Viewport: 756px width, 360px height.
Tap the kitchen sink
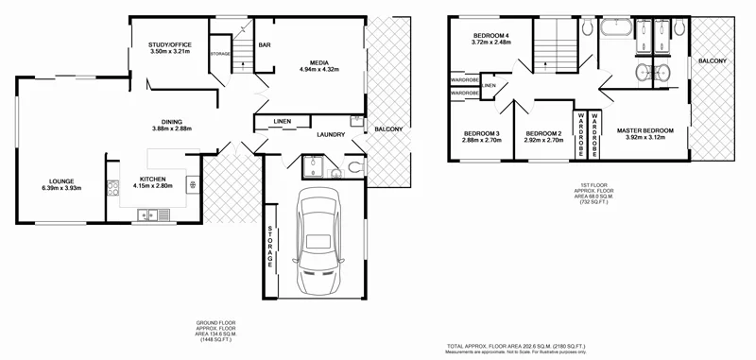coord(151,215)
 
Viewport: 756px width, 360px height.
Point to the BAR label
coord(265,44)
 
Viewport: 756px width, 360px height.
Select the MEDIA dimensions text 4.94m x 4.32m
coord(318,70)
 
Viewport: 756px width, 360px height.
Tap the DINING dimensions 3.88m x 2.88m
coord(172,129)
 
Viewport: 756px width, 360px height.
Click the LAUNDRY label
coord(330,135)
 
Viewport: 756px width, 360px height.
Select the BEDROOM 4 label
coord(491,35)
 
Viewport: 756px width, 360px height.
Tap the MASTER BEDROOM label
coord(644,129)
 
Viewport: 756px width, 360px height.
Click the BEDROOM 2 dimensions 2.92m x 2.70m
coord(543,140)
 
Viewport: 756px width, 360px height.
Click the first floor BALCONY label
coord(713,61)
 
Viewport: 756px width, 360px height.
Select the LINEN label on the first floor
coord(488,86)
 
